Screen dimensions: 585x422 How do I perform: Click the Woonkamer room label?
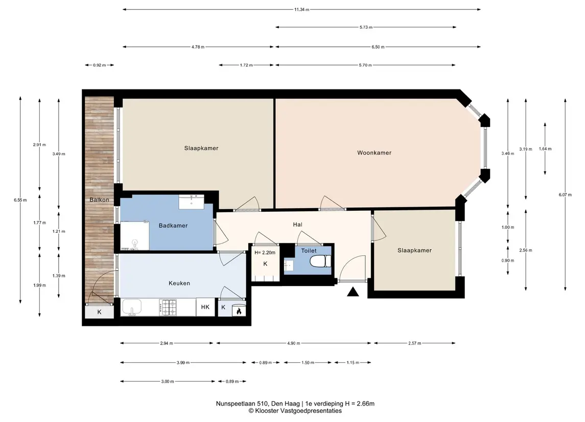374,153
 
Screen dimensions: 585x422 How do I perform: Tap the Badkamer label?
173,226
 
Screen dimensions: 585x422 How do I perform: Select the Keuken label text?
179,283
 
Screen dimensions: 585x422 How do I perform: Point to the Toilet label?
309,251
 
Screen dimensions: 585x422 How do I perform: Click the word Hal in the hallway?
298,225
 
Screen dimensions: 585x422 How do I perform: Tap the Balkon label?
99,200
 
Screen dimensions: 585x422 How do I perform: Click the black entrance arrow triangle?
353,292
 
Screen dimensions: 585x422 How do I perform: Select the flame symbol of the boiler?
239,311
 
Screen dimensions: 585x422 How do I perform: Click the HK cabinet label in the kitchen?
205,307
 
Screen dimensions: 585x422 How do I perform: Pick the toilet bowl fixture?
320,261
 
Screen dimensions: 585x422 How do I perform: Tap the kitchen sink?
131,307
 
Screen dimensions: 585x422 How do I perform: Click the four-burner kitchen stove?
168,307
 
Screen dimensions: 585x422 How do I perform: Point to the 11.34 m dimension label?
301,10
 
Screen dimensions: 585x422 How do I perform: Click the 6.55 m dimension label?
20,200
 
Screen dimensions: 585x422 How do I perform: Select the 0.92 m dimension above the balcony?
99,65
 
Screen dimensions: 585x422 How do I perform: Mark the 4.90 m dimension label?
294,343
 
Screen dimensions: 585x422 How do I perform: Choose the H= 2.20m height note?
265,253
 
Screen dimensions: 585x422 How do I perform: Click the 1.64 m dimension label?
545,149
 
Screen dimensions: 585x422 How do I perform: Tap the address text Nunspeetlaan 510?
242,404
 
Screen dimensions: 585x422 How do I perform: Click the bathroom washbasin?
192,202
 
